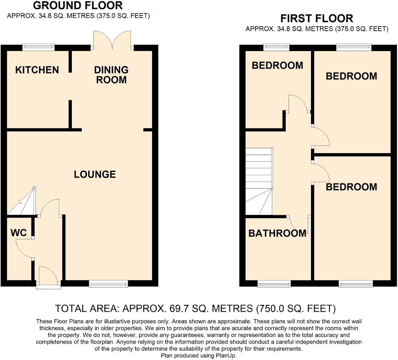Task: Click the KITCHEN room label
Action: tap(37, 70)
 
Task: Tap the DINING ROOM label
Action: tap(111, 75)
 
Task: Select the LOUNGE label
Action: tap(95, 174)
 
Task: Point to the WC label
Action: tap(19, 233)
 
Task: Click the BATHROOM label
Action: tap(277, 233)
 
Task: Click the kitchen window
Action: tap(39, 47)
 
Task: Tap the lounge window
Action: tap(109, 284)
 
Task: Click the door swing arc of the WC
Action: tap(23, 249)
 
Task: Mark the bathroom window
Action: tap(274, 284)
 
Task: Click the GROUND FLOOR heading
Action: tap(78, 6)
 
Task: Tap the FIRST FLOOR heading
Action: tap(317, 18)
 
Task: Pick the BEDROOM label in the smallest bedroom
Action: tap(277, 66)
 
